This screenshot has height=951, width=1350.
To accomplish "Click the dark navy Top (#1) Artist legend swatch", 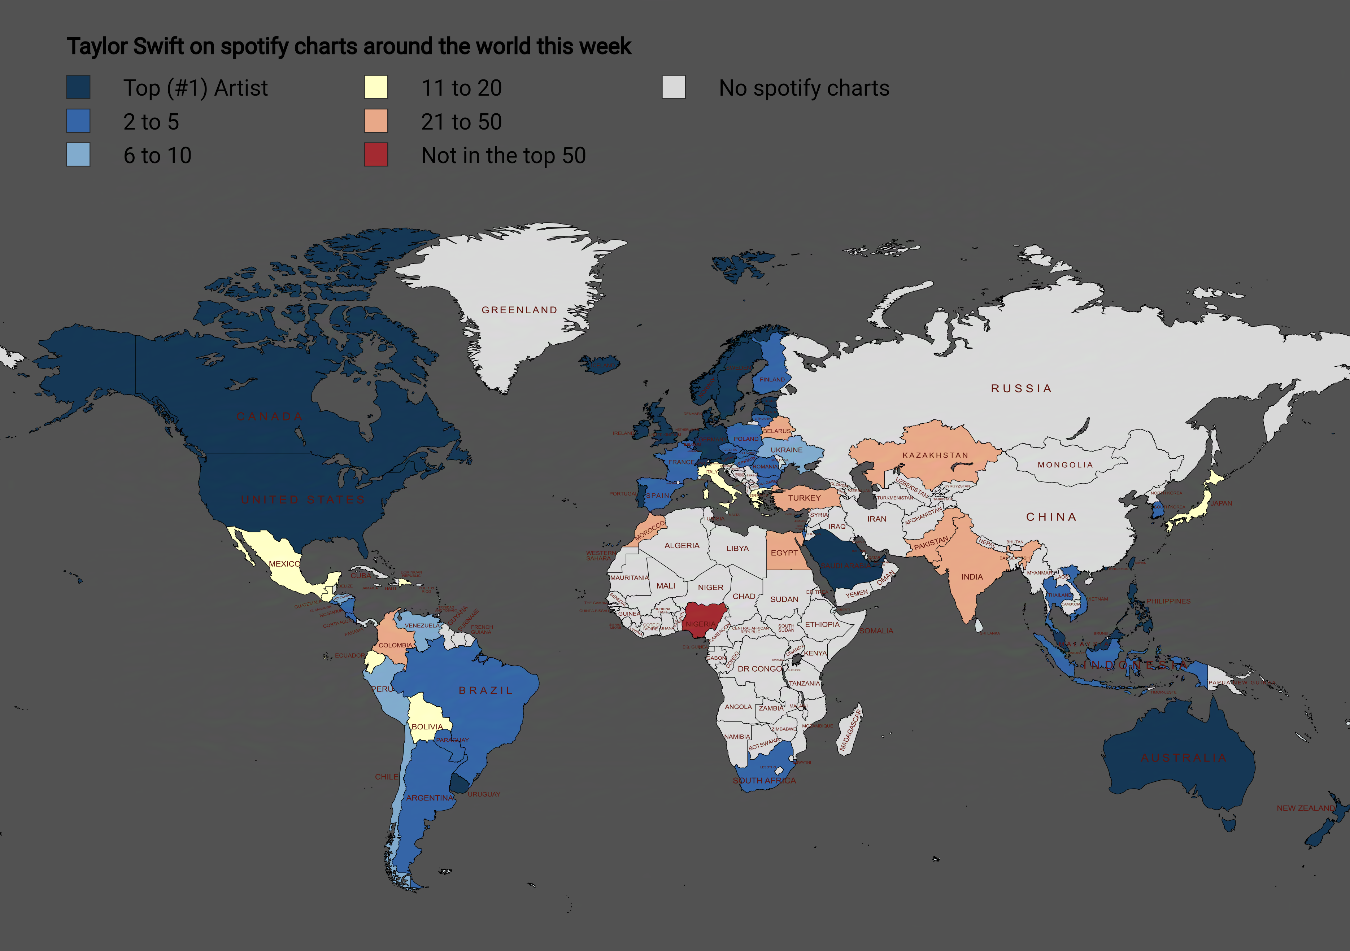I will tap(78, 87).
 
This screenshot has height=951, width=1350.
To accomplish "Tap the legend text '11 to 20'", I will tap(462, 88).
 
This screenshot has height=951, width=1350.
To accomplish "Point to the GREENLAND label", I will tap(519, 310).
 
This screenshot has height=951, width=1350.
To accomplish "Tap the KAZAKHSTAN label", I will tap(935, 455).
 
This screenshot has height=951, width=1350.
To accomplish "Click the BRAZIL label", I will tap(485, 690).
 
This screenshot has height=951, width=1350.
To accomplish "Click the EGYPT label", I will tap(784, 553).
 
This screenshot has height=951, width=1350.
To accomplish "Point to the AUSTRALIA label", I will tap(1184, 758).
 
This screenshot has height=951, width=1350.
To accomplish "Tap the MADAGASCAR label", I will tap(850, 730).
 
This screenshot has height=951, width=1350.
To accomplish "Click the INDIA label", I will tap(972, 577).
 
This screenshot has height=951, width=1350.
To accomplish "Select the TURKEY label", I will tap(804, 498).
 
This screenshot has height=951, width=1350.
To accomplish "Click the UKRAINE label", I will tap(786, 450).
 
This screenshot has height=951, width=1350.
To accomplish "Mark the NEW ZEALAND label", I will tap(1305, 808).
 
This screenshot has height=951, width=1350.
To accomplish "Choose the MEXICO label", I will tap(284, 564).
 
